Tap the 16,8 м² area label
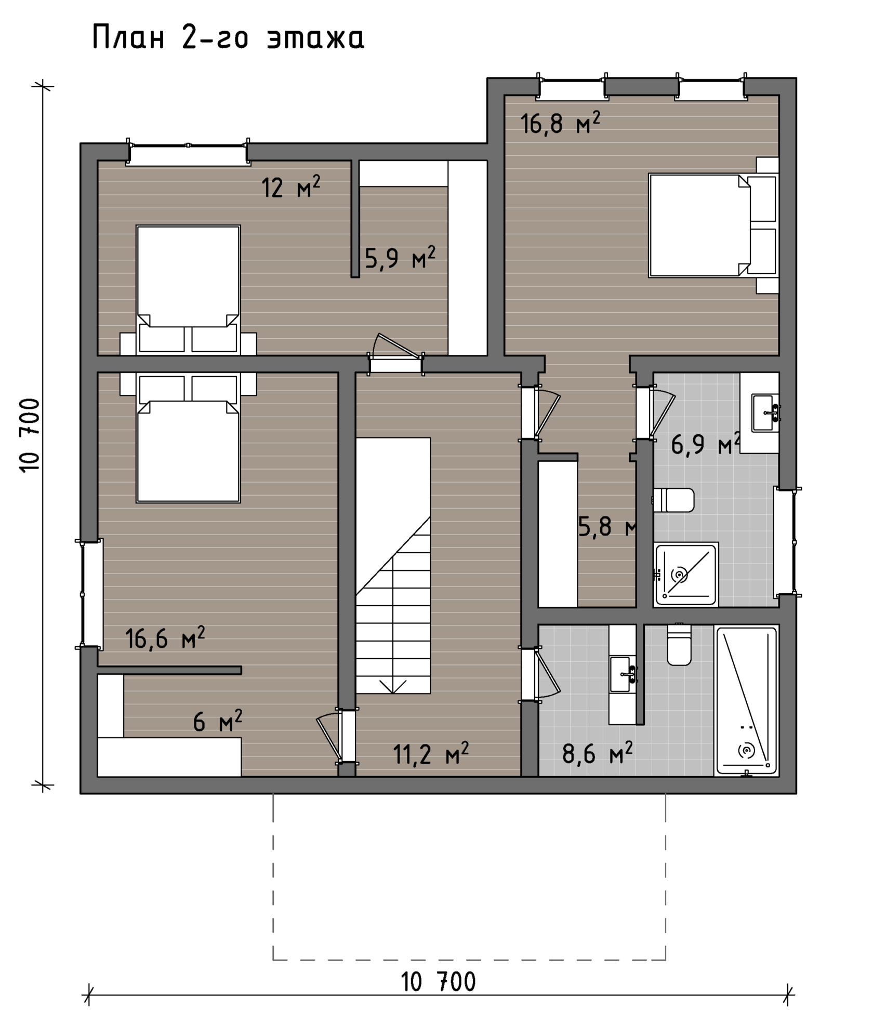pyautogui.click(x=560, y=123)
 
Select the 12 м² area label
pyautogui.click(x=290, y=188)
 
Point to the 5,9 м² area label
pyautogui.click(x=400, y=258)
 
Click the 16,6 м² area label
pyautogui.click(x=165, y=637)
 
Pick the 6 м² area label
pyautogui.click(x=218, y=722)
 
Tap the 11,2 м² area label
pyautogui.click(x=431, y=753)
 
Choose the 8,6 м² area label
pyautogui.click(x=598, y=753)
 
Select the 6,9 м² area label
pyautogui.click(x=706, y=444)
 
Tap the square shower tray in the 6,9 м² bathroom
pyautogui.click(x=686, y=574)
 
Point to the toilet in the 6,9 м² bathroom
pyautogui.click(x=673, y=500)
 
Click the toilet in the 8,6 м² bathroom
pyautogui.click(x=679, y=645)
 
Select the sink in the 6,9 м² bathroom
pyautogui.click(x=765, y=413)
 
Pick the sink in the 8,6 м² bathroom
pyautogui.click(x=623, y=674)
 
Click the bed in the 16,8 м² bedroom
pyautogui.click(x=713, y=225)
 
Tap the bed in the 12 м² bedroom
pyautogui.click(x=188, y=290)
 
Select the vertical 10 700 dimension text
pyautogui.click(x=30, y=435)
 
